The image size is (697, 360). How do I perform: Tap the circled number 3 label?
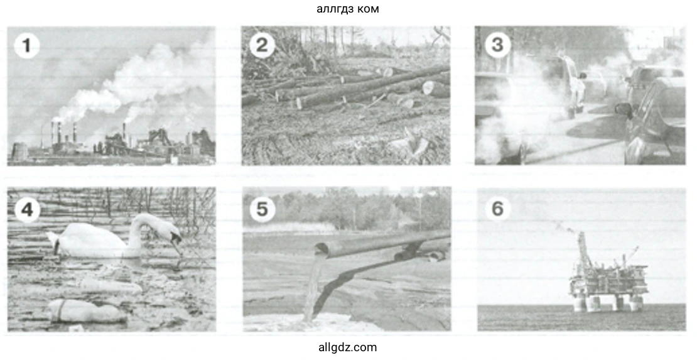tap(497, 45)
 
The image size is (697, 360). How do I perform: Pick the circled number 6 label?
tap(497, 208)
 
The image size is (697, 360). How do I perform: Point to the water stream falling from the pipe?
tap(313, 288)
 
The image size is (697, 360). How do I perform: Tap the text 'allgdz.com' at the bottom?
tap(348, 347)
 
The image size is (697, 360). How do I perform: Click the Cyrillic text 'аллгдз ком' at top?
tap(348, 8)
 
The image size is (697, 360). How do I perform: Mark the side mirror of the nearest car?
tap(622, 109)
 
